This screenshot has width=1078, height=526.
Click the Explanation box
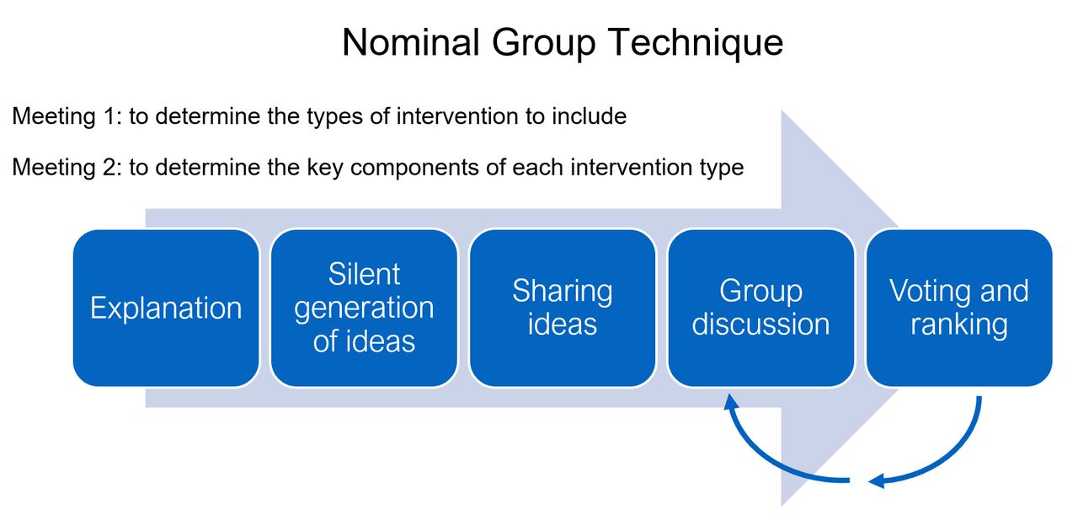coord(166,308)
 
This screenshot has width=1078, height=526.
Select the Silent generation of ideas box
coord(365,308)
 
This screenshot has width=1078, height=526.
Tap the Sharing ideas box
coord(563,308)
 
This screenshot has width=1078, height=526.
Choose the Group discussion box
coord(760,308)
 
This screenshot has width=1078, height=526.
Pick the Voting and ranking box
coord(959,308)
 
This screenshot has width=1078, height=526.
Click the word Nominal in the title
coord(410,42)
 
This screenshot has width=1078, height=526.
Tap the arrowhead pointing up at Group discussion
coord(731,402)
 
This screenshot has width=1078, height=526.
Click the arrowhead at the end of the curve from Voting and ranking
coord(877,480)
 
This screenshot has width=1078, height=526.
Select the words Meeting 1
coord(67,116)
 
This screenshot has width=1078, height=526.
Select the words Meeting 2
coord(67,167)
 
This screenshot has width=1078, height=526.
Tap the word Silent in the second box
coord(365,274)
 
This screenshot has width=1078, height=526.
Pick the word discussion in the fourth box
coord(760,325)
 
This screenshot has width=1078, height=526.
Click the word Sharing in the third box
coord(563,292)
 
